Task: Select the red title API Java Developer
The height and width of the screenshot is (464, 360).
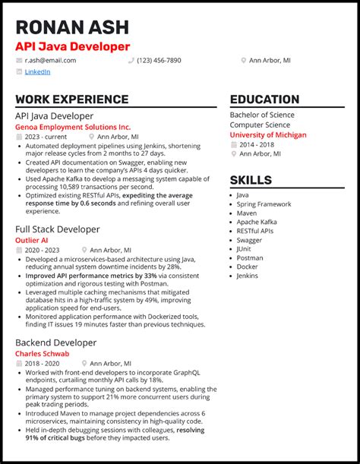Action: pyautogui.click(x=72, y=46)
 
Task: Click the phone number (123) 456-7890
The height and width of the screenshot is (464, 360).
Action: pyautogui.click(x=159, y=60)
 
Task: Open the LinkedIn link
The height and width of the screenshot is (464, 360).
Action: pyautogui.click(x=37, y=72)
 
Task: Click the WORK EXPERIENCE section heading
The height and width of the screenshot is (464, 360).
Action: pyautogui.click(x=71, y=99)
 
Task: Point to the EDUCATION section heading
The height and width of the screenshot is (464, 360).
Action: pyautogui.click(x=264, y=99)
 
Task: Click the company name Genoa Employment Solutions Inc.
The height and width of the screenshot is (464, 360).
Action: pyautogui.click(x=73, y=127)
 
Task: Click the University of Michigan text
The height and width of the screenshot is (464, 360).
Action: pyautogui.click(x=268, y=134)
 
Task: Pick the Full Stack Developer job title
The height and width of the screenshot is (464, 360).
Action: pyautogui.click(x=57, y=229)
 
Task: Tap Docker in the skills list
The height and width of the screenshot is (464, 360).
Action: pyautogui.click(x=247, y=267)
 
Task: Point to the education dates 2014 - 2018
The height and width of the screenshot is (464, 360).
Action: pyautogui.click(x=257, y=144)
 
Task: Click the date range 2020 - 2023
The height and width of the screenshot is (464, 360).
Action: pyautogui.click(x=43, y=250)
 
